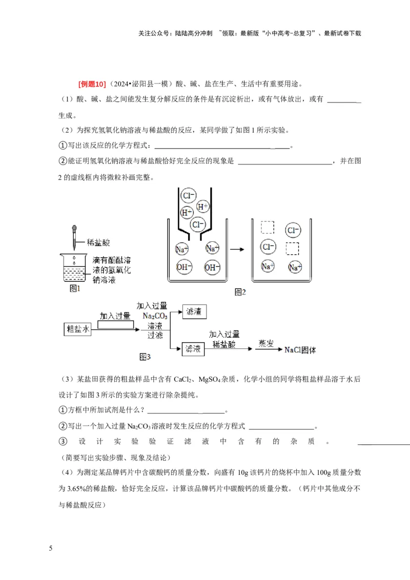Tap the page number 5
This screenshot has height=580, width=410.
51,549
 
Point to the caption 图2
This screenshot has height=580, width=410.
240,292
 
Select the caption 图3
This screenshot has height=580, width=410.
146,356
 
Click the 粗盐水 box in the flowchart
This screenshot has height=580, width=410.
77,329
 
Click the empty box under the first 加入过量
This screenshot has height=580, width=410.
116,325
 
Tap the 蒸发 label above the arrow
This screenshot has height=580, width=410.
266,343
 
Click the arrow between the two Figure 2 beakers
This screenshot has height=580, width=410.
236,250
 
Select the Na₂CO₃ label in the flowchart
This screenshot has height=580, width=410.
155,316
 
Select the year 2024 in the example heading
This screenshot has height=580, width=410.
119,85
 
